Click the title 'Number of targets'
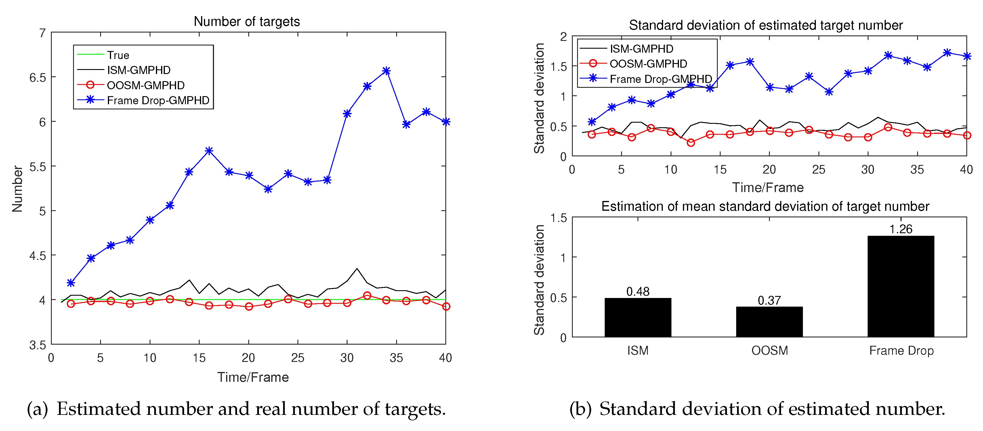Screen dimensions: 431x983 click(247, 21)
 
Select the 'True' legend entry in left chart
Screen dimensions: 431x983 click(118, 55)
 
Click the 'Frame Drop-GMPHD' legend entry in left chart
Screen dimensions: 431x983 click(158, 100)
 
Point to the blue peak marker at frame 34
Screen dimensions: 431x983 click(386, 71)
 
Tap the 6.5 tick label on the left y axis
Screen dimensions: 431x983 click(37, 77)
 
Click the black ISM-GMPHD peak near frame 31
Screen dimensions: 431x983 click(357, 269)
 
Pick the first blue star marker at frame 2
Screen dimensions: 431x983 click(70, 283)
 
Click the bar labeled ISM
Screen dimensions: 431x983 click(638, 317)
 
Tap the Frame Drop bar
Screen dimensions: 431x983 click(900, 286)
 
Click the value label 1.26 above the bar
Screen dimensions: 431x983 click(900, 229)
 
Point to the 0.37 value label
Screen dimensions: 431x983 click(769, 301)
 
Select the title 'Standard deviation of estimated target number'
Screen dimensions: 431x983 click(766, 25)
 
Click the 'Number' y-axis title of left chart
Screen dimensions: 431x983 click(17, 189)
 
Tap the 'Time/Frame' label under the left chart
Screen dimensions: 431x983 click(253, 377)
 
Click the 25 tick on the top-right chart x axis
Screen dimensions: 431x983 click(818, 170)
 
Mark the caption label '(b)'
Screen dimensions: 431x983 click(580, 409)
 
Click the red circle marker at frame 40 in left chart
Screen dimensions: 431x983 click(446, 307)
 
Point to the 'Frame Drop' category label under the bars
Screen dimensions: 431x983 click(901, 350)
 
